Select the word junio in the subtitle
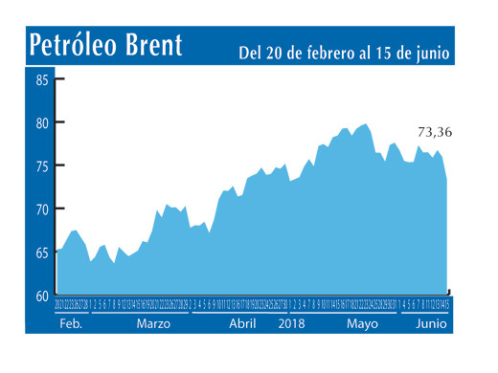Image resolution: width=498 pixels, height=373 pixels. [431, 52]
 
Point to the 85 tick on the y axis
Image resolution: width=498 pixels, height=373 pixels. [42, 80]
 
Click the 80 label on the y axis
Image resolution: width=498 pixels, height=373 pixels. [42, 123]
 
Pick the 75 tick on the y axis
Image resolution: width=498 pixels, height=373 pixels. [42, 166]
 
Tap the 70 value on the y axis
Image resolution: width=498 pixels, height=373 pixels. [42, 209]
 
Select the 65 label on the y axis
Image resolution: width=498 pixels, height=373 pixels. [42, 253]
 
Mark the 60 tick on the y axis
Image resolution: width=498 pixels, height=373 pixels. [42, 296]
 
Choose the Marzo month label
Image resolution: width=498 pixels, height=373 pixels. [154, 324]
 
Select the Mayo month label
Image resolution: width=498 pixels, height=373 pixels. [362, 324]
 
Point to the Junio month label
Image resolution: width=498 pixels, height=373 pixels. [430, 324]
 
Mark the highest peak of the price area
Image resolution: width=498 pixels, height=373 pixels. [366, 124]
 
